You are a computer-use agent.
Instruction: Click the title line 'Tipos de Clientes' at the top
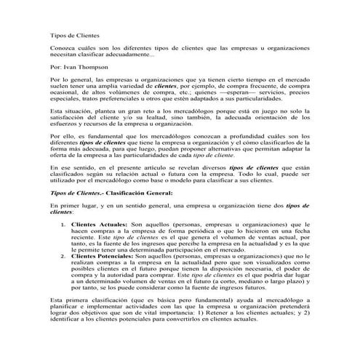[x=74, y=34]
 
